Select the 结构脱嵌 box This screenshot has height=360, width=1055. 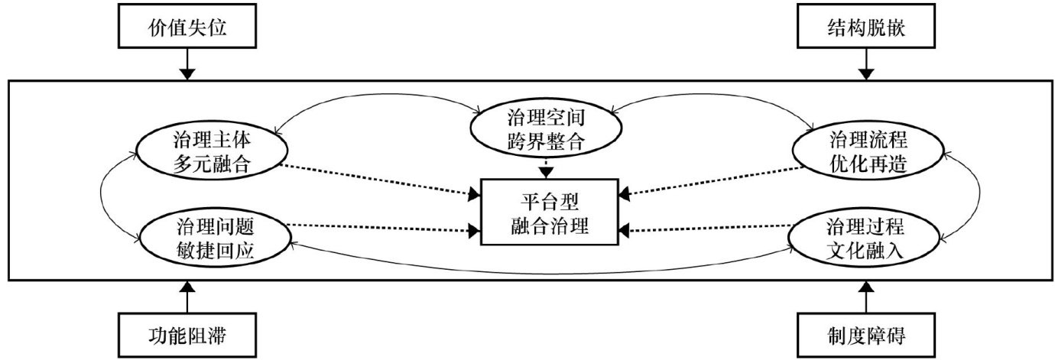865,28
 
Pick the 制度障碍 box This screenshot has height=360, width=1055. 865,334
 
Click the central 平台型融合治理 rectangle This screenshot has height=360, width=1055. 548,212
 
